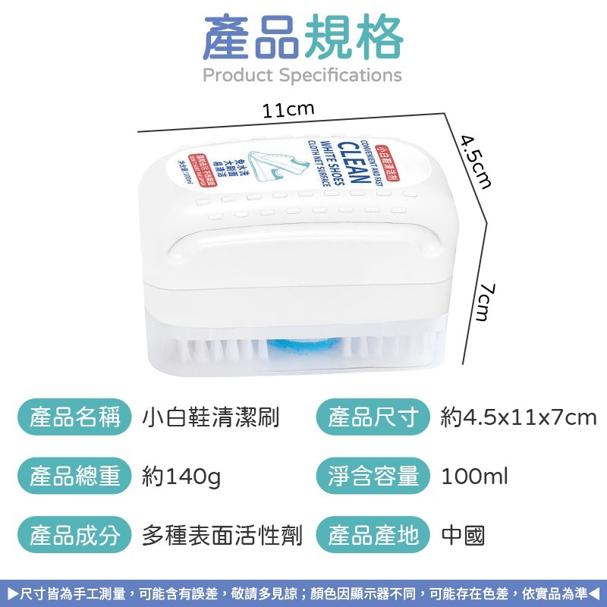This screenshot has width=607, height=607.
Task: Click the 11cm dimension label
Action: [x=288, y=111]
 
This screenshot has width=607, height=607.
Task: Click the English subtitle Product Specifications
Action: [x=303, y=75]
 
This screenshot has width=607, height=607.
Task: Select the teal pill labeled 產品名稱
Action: [x=75, y=417]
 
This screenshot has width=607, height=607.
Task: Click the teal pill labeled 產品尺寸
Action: [x=373, y=417]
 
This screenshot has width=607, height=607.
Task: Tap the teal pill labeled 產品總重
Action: [x=75, y=476]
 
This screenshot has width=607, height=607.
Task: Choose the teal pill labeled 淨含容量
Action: [x=373, y=476]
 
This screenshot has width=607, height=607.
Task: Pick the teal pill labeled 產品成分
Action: [x=75, y=536]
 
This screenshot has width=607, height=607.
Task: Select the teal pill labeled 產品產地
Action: [x=373, y=536]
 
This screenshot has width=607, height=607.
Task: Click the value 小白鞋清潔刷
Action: [x=211, y=417]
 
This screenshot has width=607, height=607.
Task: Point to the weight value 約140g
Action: [x=181, y=476]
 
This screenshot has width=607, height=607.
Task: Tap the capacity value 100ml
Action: [x=474, y=476]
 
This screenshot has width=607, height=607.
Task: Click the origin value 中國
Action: [x=463, y=536]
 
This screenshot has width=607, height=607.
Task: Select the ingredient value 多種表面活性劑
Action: [x=222, y=536]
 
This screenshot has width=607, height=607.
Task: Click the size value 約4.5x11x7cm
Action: [x=519, y=417]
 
